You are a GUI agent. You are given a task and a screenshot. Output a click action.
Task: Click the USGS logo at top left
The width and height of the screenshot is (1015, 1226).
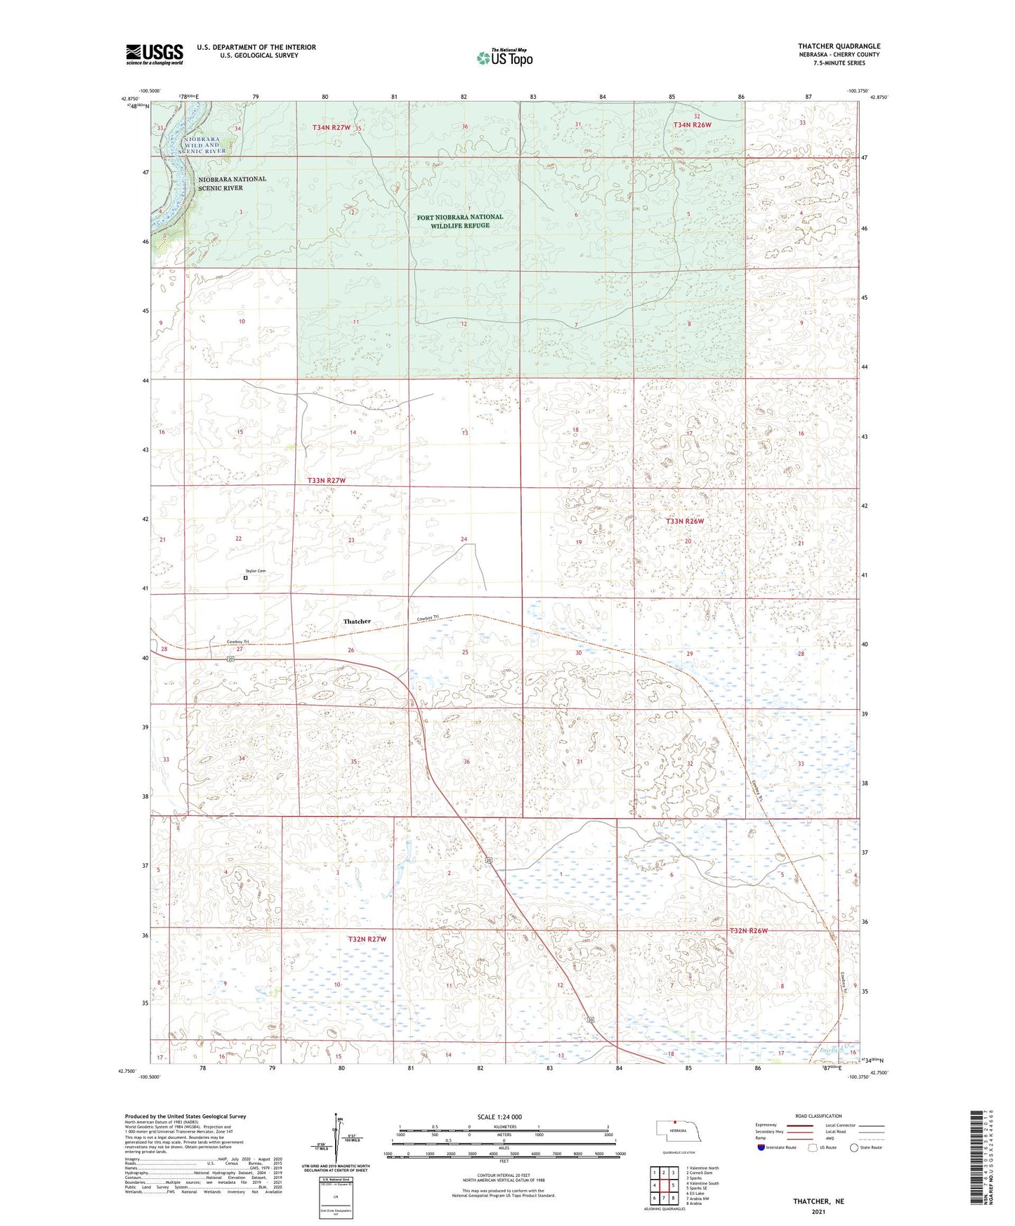[155, 54]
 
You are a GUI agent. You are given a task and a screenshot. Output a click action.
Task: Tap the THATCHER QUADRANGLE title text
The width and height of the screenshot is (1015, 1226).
[839, 46]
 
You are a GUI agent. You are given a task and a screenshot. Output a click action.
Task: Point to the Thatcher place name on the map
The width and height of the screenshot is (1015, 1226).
[357, 621]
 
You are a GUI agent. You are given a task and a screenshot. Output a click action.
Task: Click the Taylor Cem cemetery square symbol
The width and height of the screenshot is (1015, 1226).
[246, 579]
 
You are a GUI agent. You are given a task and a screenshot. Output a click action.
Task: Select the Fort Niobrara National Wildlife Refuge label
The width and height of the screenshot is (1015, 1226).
[460, 221]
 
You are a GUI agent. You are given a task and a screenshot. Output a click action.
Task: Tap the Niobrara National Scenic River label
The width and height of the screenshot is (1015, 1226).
[232, 183]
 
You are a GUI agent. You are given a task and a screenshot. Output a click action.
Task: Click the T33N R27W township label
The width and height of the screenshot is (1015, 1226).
[327, 480]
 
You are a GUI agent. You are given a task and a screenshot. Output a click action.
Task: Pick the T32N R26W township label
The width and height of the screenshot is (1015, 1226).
[749, 930]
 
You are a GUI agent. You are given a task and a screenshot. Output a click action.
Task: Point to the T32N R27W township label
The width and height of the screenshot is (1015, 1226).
[367, 939]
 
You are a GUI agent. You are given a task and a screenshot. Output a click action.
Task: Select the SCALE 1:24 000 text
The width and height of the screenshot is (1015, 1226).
[499, 1116]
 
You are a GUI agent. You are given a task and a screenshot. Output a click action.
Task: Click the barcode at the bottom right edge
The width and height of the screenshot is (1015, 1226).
[977, 1156]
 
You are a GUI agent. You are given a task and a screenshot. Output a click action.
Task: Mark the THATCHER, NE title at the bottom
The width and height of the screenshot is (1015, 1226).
[818, 1201]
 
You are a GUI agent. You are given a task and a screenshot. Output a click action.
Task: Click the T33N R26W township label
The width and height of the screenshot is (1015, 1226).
[684, 521]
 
